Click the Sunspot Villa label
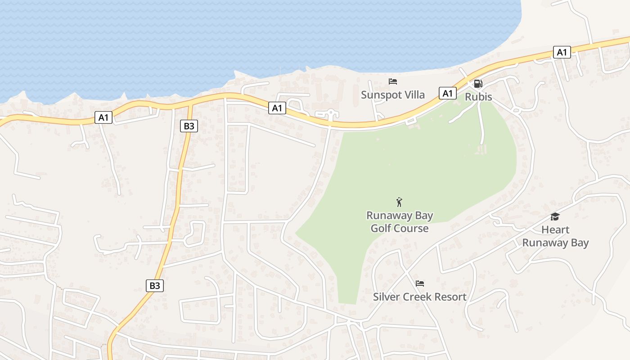click(x=393, y=95)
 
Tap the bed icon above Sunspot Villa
click(x=393, y=81)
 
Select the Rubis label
click(x=478, y=97)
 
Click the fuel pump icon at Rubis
click(x=478, y=84)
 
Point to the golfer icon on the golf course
click(x=399, y=202)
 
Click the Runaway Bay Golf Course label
click(x=400, y=222)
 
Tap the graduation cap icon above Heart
click(x=555, y=217)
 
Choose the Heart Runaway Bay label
click(x=555, y=236)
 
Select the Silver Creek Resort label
click(x=420, y=297)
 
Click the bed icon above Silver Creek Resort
click(x=420, y=283)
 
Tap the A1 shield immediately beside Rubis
click(x=447, y=93)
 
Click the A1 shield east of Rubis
click(x=562, y=52)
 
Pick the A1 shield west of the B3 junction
click(x=103, y=118)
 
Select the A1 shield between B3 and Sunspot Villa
click(x=277, y=108)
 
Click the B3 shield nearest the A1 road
click(x=189, y=126)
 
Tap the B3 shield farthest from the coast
click(x=154, y=285)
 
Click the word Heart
click(x=555, y=230)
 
